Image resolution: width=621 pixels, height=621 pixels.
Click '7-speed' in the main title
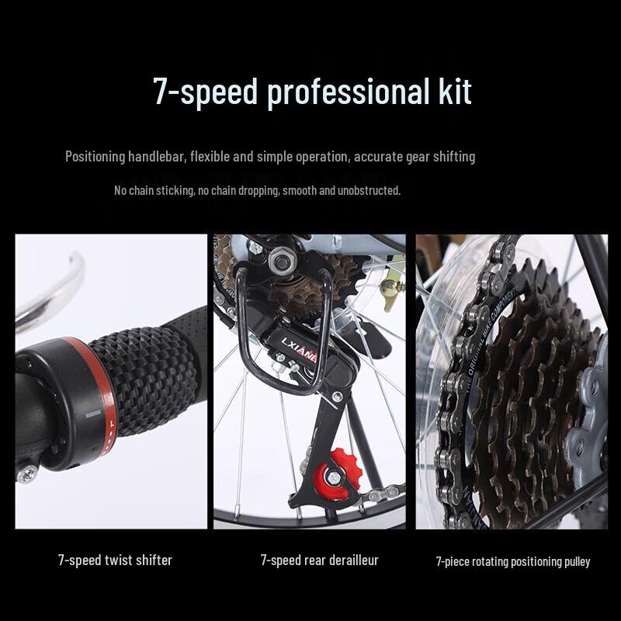[x=206, y=92]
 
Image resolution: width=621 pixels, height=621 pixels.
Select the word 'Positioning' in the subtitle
[x=97, y=157]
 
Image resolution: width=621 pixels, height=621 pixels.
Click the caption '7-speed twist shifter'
[x=115, y=560]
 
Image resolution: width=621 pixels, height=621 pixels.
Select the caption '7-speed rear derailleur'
[x=320, y=560]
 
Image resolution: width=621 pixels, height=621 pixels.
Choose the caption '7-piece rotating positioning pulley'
[x=512, y=561]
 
